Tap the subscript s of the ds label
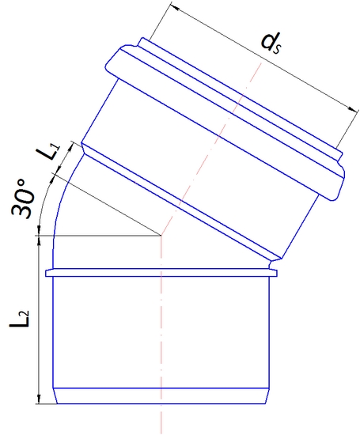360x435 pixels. click(x=279, y=48)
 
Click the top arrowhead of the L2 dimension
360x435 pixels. click(x=39, y=240)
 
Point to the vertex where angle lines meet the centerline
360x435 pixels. click(x=161, y=235)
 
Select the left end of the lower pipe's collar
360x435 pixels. click(x=47, y=273)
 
